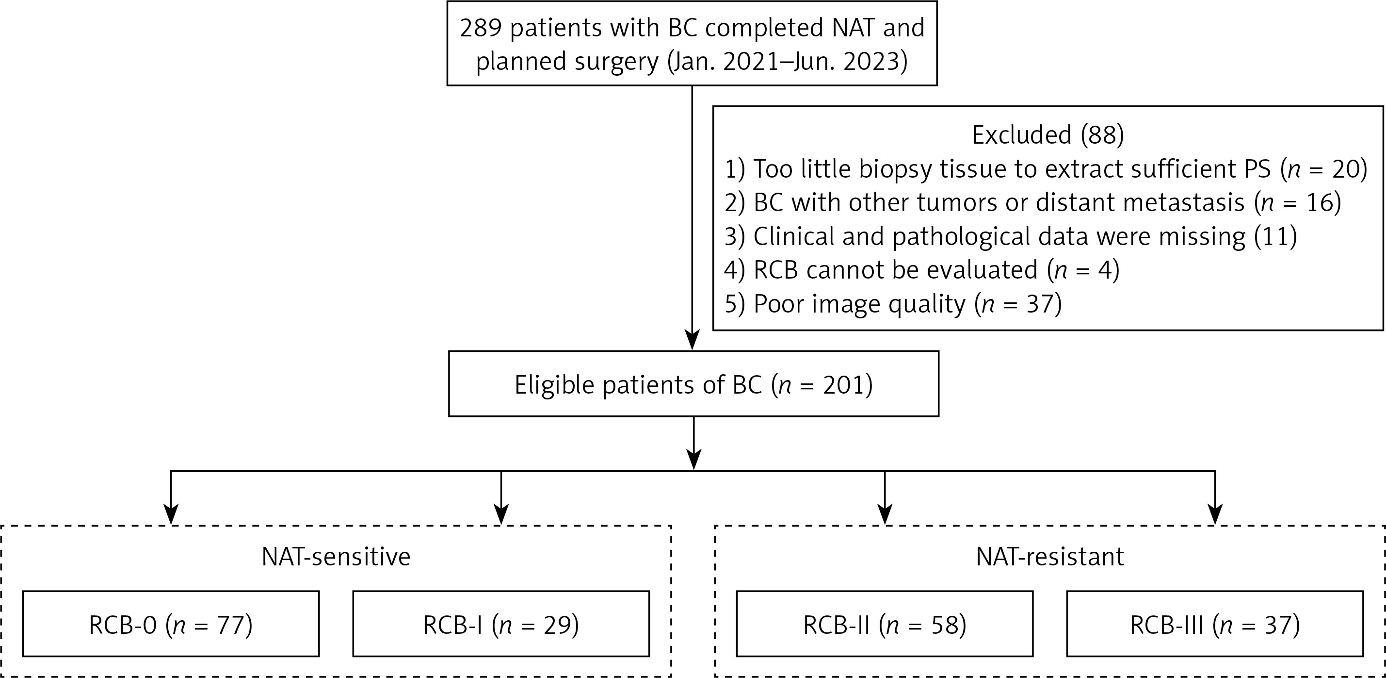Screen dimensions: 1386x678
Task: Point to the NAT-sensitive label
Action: click(336, 557)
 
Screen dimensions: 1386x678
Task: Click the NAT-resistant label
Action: click(1050, 557)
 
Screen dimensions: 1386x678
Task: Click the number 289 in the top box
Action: click(481, 28)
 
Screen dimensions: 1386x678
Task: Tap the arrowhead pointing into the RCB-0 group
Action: click(171, 515)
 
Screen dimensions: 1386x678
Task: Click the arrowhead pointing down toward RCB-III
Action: click(1215, 515)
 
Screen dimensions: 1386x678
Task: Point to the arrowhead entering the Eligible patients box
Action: click(692, 340)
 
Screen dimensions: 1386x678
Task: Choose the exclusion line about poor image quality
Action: click(893, 304)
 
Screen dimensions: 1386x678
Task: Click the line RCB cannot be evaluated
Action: click(922, 270)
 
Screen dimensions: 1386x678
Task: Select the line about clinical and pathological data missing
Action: click(1011, 236)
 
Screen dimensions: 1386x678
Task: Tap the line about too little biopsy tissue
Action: click(1046, 169)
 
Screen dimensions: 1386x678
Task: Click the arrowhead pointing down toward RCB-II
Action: click(885, 515)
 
